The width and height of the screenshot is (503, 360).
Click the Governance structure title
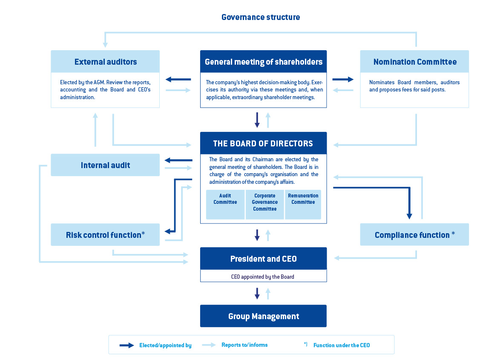[x=261, y=17]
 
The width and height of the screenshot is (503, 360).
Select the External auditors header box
[x=105, y=62]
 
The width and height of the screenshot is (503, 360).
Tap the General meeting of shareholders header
[x=263, y=62]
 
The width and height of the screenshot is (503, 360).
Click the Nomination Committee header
[x=414, y=62]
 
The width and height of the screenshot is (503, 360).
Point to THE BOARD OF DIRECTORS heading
[x=263, y=143]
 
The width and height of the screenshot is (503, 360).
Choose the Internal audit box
[x=105, y=165]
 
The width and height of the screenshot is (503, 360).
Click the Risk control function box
[x=105, y=235]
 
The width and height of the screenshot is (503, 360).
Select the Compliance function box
[x=414, y=235]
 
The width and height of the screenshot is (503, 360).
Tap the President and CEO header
[x=263, y=259]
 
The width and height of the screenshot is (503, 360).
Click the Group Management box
[x=263, y=316]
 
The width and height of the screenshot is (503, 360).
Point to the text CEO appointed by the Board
[x=263, y=277]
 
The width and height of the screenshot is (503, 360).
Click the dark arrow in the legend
[x=127, y=345]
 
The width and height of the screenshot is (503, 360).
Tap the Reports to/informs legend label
[x=244, y=345]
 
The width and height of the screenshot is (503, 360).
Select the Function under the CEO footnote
[x=341, y=345]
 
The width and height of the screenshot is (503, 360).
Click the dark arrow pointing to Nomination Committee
[x=343, y=80]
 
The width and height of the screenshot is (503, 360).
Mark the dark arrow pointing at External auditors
[x=178, y=80]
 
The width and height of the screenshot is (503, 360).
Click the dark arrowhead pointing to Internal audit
[x=169, y=160]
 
